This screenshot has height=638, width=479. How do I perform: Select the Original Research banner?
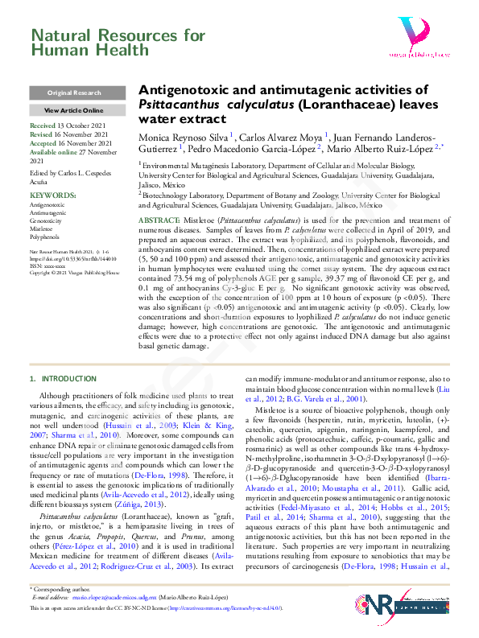click(74, 93)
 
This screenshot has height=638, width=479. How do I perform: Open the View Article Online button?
click(74, 110)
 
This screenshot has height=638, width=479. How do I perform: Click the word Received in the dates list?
click(43, 127)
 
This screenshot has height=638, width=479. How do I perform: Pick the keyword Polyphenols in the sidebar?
click(45, 237)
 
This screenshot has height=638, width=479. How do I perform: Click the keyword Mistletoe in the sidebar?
click(42, 229)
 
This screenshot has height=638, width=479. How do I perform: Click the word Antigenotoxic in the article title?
click(184, 91)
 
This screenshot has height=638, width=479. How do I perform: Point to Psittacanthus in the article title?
click(178, 105)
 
